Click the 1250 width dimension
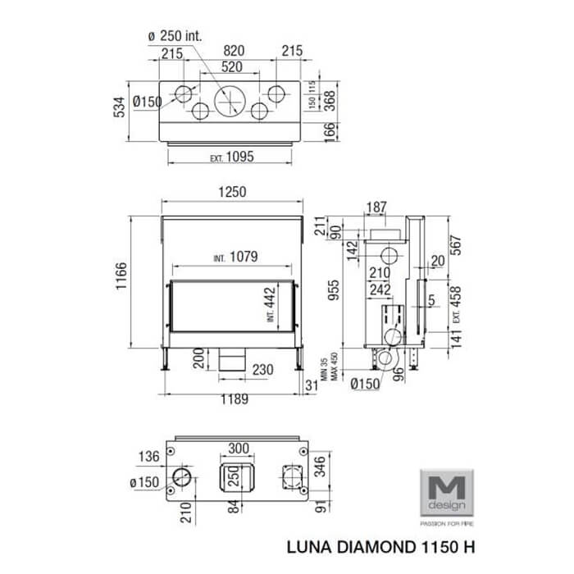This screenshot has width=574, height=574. [x=232, y=192]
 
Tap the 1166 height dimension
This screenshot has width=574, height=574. [x=121, y=276]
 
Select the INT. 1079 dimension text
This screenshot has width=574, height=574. [x=236, y=257]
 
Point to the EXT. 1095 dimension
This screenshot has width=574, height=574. [x=232, y=157]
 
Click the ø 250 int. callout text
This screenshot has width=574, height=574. [x=175, y=36]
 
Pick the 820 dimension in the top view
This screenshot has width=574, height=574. [x=234, y=51]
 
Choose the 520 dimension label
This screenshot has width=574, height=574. [x=232, y=67]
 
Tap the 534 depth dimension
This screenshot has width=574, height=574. [x=120, y=107]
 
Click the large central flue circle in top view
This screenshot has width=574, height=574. [x=230, y=102]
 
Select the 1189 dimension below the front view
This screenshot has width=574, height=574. [x=235, y=399]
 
